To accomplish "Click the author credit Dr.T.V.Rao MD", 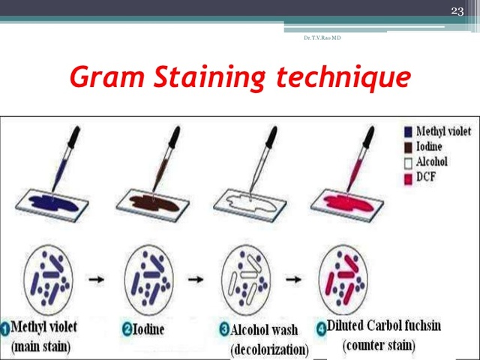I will (322, 37).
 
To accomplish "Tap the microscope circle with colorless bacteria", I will (247, 280).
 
